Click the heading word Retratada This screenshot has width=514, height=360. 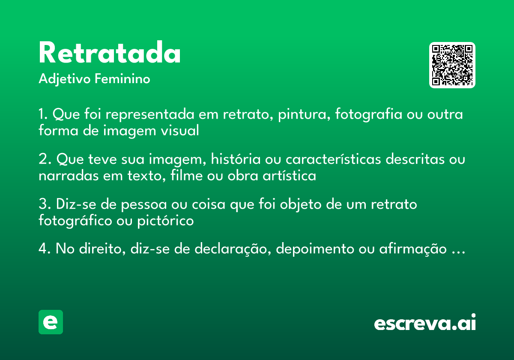click(110, 53)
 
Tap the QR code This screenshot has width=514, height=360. click(452, 65)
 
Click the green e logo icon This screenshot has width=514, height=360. click(51, 322)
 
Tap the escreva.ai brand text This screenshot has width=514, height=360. click(425, 323)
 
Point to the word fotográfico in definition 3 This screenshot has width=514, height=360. click(75, 221)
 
